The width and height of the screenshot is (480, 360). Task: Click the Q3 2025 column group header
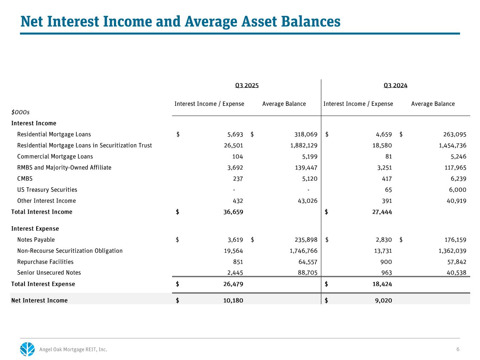[247, 85]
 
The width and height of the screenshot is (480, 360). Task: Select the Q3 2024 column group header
[395, 85]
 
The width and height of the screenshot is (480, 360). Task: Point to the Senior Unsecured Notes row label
[49, 272]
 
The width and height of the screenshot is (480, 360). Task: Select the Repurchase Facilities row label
[45, 262]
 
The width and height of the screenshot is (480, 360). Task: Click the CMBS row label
[25, 178]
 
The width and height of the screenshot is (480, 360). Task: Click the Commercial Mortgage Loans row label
[55, 156]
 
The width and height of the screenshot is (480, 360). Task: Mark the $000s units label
[20, 112]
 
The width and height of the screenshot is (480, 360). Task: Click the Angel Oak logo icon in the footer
[27, 349]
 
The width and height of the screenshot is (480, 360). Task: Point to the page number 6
[458, 349]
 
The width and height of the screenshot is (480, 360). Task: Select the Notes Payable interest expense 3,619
[235, 240]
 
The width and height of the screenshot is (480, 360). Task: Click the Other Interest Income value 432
[237, 201]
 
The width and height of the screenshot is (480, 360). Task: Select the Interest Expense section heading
[35, 229]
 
